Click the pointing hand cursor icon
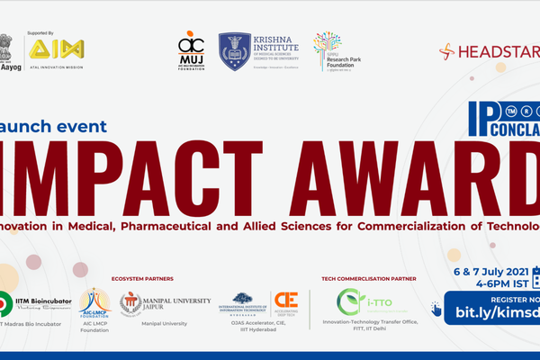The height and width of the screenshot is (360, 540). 436,310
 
